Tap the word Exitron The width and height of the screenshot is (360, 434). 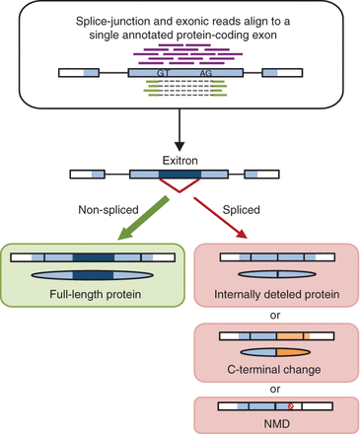(180, 158)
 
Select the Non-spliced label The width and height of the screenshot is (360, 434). (106, 208)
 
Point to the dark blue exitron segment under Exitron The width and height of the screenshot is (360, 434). (180, 174)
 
